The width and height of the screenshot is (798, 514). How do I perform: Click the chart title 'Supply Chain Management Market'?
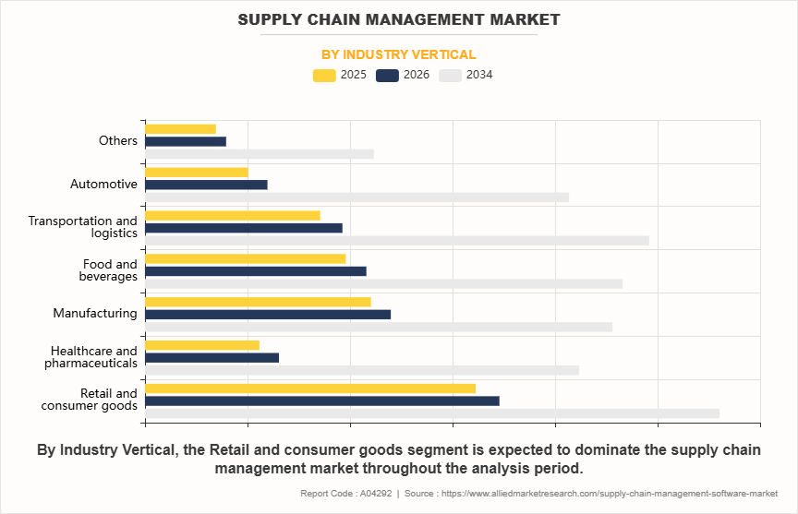click(398, 19)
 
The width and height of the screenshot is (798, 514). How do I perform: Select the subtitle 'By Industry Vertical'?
click(398, 54)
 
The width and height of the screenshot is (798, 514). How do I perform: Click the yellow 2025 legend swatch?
click(325, 75)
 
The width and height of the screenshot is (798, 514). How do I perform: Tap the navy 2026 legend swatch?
click(388, 75)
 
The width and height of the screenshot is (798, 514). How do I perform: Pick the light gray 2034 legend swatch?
click(451, 75)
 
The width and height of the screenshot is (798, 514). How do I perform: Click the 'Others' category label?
click(118, 141)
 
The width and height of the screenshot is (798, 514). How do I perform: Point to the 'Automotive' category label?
click(103, 185)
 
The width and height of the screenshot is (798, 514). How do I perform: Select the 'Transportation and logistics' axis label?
click(82, 227)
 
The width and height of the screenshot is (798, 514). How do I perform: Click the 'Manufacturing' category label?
click(95, 314)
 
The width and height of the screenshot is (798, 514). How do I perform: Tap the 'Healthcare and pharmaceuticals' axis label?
click(91, 357)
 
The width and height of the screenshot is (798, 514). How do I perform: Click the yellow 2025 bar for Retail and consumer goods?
click(310, 388)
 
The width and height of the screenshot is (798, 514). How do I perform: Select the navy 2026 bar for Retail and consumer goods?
click(322, 400)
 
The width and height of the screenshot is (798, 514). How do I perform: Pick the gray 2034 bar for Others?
click(260, 154)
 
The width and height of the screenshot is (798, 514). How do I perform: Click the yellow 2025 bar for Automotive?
click(197, 173)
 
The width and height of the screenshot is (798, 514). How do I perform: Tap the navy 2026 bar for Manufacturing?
click(268, 314)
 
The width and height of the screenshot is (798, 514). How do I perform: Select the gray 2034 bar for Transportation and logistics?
click(397, 241)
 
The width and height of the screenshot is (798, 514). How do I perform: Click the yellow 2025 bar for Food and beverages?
click(246, 258)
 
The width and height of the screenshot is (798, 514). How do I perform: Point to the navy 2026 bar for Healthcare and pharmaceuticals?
click(212, 357)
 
